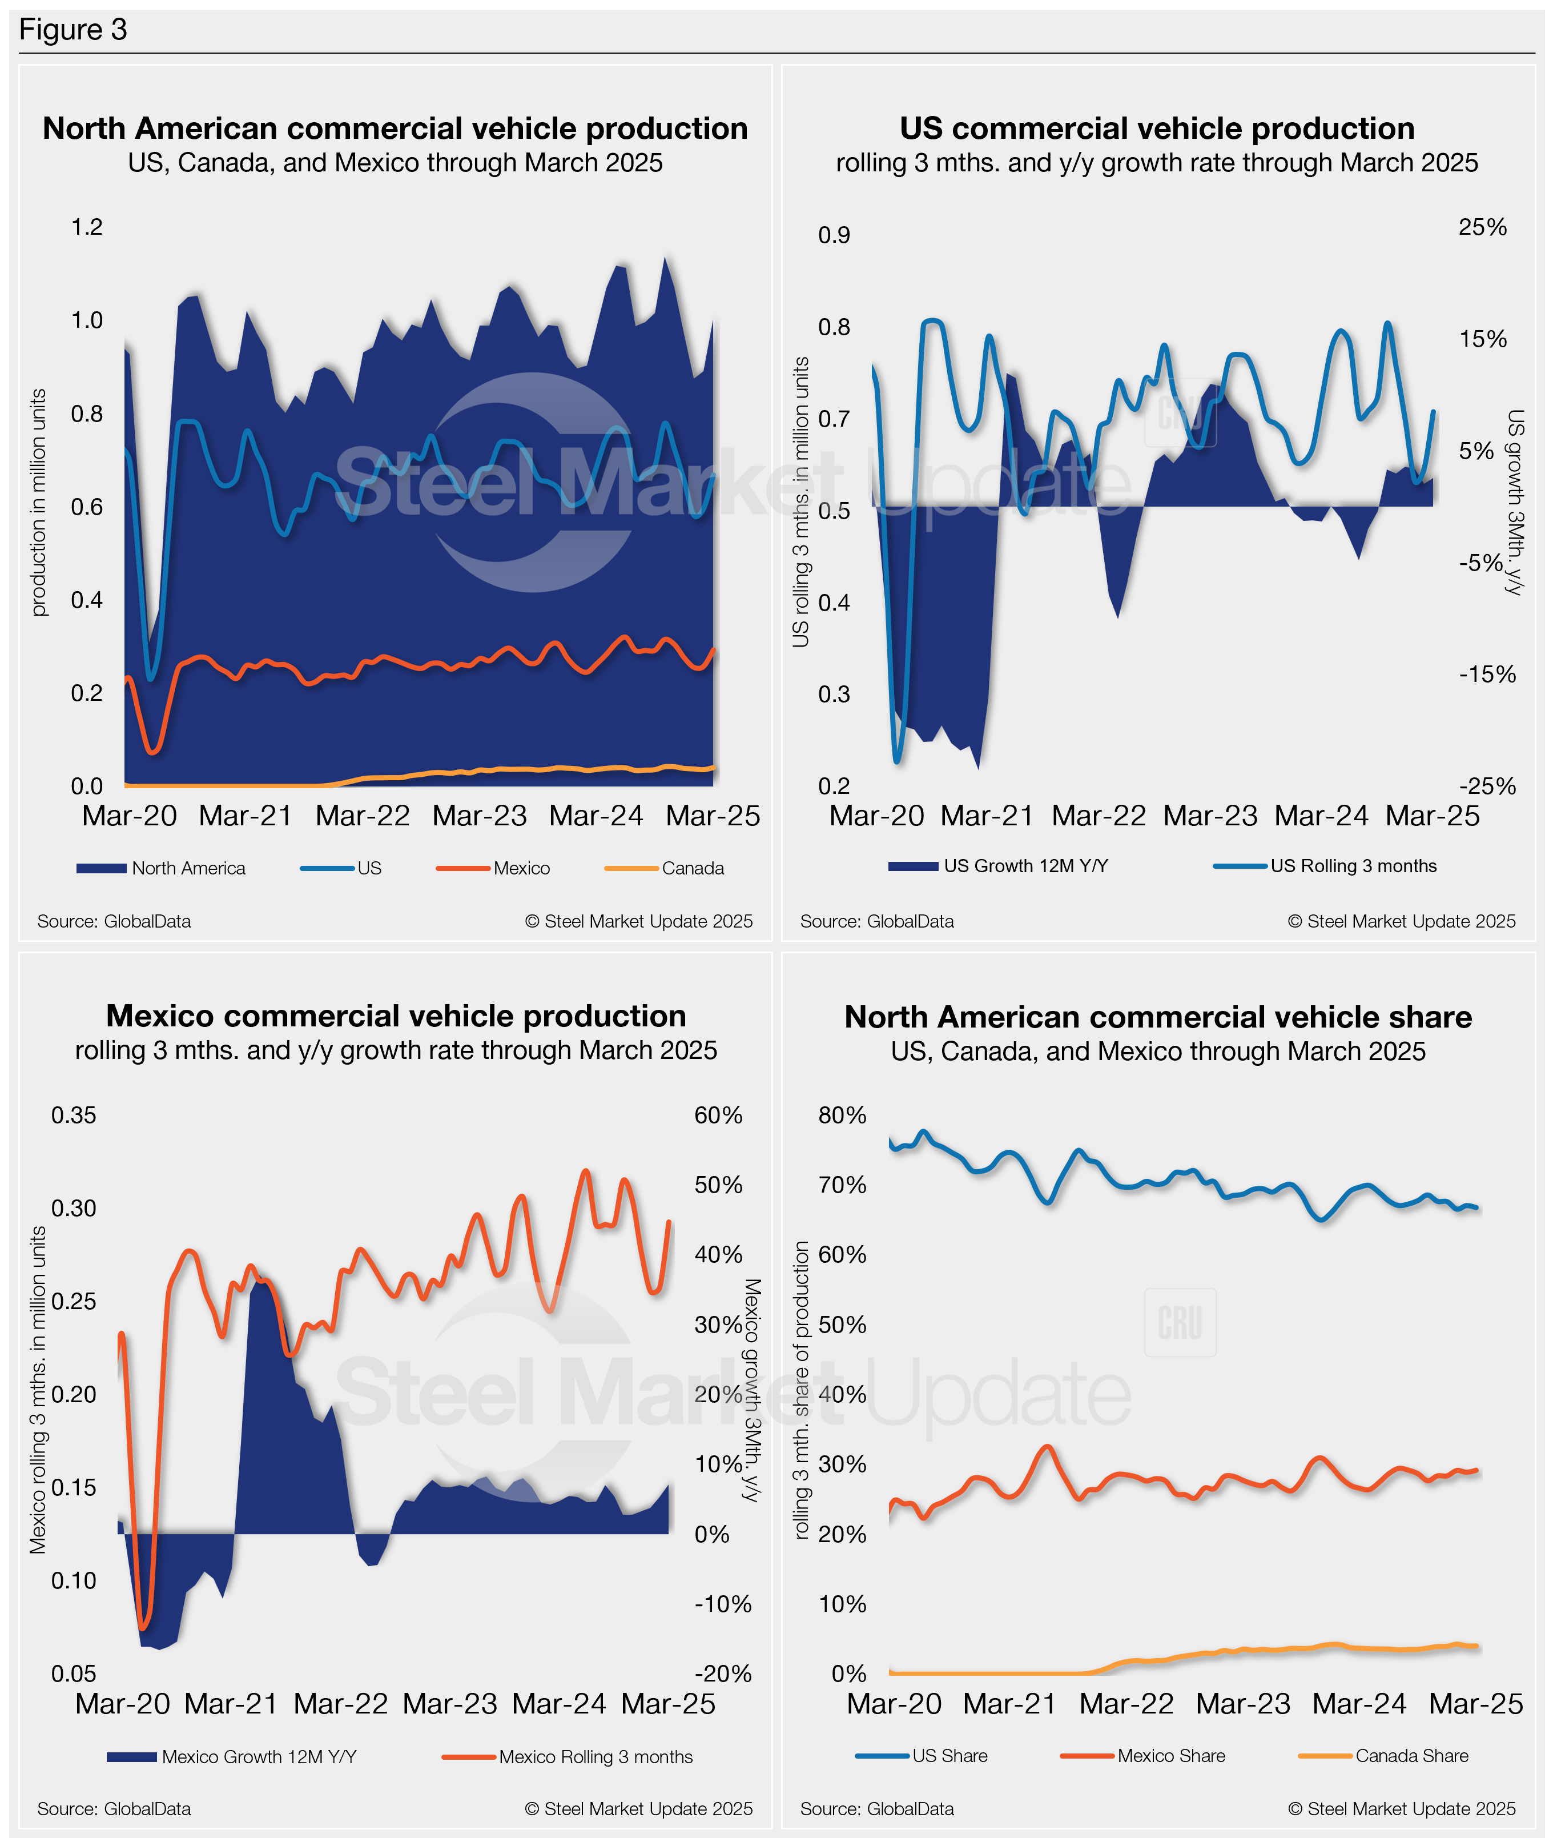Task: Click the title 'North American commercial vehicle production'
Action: tap(395, 129)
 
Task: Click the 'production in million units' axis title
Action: tap(38, 502)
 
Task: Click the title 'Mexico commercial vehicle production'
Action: tap(396, 1016)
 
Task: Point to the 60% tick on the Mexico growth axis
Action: tap(718, 1115)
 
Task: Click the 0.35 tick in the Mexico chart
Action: tap(74, 1115)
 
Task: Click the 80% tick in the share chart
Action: tap(842, 1115)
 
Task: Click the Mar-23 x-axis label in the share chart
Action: tap(1243, 1704)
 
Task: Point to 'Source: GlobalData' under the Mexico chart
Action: tap(114, 1808)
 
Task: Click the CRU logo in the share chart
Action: tap(1180, 1322)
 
